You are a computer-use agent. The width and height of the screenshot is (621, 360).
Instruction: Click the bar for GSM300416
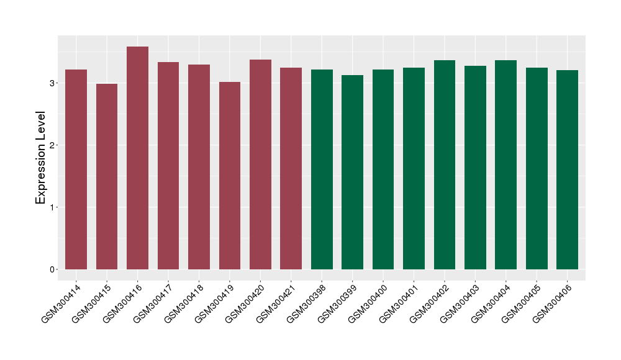coord(137,158)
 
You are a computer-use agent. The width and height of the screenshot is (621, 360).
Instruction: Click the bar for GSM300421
coord(291,168)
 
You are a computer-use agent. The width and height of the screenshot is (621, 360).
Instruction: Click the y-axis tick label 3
coord(53,83)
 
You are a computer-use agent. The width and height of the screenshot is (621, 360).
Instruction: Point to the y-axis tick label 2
coord(53,145)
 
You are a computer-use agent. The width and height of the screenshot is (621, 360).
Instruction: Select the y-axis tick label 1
coord(53,207)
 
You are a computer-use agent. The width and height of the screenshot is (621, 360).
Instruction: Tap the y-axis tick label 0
coord(53,269)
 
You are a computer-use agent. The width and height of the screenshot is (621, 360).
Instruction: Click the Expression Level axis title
coord(41,158)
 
